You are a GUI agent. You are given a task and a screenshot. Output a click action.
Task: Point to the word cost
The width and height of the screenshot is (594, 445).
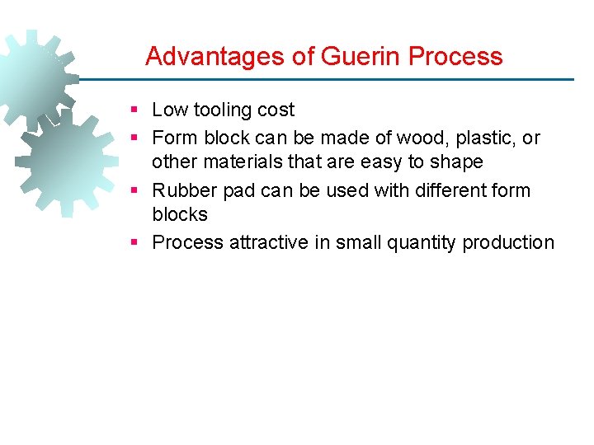pyautogui.click(x=276, y=110)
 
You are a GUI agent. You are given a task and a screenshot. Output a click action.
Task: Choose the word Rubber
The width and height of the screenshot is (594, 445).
pyautogui.click(x=181, y=190)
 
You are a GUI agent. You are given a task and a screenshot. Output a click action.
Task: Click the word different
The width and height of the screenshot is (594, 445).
pyautogui.click(x=436, y=190)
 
